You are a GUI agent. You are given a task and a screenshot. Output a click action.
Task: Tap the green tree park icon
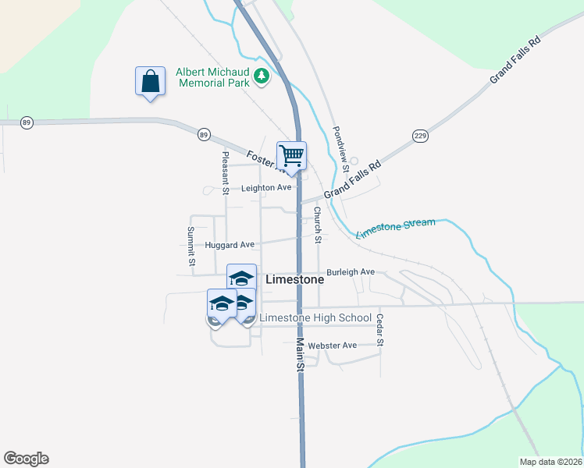click(262, 76)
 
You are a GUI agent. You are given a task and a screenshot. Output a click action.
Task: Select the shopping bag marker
click(150, 81)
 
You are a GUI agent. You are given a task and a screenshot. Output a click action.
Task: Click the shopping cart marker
click(291, 155)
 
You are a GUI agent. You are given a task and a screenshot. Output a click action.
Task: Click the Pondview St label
click(339, 149)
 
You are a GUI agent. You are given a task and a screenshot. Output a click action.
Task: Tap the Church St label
click(318, 225)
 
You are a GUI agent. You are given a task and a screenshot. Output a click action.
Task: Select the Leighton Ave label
click(266, 188)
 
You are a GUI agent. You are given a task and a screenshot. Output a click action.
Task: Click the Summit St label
click(191, 245)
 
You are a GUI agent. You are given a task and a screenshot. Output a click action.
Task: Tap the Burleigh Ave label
click(351, 272)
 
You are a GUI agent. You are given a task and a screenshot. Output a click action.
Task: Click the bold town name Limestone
click(294, 279)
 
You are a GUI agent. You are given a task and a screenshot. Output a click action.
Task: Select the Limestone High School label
click(315, 317)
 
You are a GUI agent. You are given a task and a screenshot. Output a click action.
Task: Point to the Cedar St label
click(379, 329)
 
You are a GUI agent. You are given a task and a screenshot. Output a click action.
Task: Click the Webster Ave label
click(332, 345)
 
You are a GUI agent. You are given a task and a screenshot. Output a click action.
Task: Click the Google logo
click(26, 459)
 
